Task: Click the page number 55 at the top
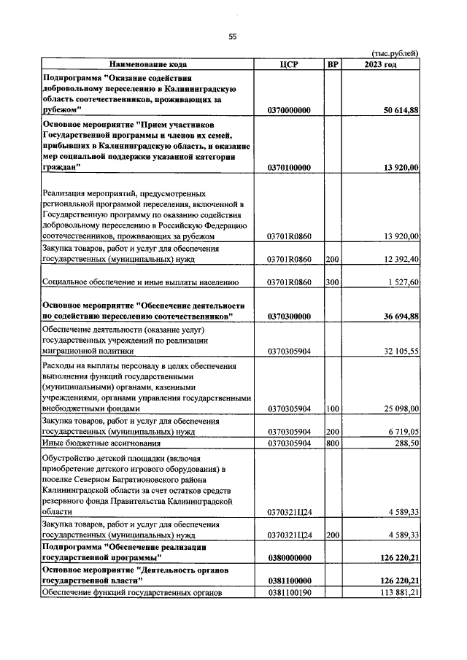233,36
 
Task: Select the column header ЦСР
290,64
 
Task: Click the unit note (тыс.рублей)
395,53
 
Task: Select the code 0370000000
290,110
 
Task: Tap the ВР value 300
333,282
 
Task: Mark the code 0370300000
290,317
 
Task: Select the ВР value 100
333,409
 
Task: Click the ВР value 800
333,443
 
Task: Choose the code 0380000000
290,558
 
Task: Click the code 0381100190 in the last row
290,591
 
